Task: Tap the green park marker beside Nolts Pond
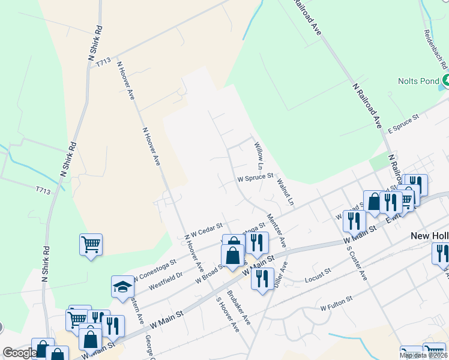click(446, 80)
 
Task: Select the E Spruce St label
click(402, 124)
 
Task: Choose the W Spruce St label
click(255, 178)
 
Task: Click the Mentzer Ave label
click(277, 231)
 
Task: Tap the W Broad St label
click(209, 274)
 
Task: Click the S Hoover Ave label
click(228, 315)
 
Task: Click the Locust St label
click(318, 275)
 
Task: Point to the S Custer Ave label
click(357, 264)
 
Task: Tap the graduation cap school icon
click(122, 286)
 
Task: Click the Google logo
click(20, 352)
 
